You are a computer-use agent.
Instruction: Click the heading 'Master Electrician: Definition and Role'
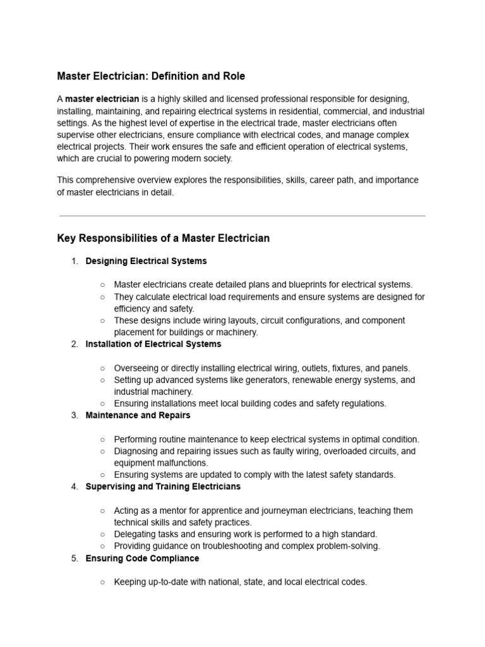tap(151, 76)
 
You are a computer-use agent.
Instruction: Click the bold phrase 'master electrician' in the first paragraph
tap(102, 100)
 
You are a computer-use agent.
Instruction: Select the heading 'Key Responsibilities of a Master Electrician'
tap(163, 238)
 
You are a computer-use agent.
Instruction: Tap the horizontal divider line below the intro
tap(242, 216)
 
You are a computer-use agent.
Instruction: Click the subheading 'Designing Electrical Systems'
tap(146, 261)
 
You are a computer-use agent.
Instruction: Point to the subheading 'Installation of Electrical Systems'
tap(153, 344)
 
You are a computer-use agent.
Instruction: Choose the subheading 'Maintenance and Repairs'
tap(138, 416)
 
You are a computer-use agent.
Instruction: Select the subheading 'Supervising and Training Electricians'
tap(163, 487)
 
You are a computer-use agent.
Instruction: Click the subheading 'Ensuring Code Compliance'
tap(142, 559)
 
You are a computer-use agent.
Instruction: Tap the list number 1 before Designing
tap(74, 261)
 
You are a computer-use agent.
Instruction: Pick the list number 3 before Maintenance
tap(74, 416)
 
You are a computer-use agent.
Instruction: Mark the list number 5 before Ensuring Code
tap(74, 559)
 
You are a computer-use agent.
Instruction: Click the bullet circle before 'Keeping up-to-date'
tap(102, 582)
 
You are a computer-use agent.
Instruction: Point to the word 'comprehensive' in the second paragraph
tap(104, 181)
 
